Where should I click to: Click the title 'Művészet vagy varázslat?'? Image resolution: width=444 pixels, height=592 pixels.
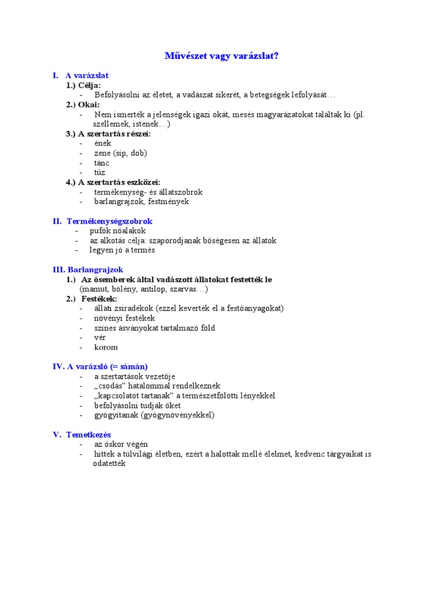click(221, 56)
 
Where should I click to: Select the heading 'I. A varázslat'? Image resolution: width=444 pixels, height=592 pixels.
click(80, 75)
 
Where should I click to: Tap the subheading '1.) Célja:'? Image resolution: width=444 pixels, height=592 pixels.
click(83, 85)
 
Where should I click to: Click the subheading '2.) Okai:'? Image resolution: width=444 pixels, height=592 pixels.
click(83, 105)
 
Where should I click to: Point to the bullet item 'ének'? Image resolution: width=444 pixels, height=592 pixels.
click(102, 143)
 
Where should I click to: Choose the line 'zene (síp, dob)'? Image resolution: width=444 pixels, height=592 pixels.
click(120, 153)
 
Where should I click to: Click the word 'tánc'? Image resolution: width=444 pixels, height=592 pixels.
click(102, 163)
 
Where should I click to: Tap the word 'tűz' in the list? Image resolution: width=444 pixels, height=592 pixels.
click(101, 172)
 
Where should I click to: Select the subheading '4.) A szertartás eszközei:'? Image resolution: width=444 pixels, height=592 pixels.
click(113, 182)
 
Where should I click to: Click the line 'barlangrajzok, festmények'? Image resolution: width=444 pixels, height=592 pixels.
click(142, 202)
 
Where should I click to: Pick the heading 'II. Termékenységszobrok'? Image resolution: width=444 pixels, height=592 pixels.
click(102, 221)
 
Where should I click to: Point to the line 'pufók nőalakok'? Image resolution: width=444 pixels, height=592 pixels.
click(117, 231)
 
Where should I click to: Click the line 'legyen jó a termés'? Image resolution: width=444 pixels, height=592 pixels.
click(122, 250)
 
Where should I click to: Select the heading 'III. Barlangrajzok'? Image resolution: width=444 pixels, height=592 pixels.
click(88, 269)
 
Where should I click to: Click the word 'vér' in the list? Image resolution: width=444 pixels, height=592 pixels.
click(100, 338)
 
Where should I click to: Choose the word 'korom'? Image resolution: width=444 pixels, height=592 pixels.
click(106, 347)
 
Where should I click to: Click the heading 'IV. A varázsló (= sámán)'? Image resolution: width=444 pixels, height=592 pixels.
click(100, 367)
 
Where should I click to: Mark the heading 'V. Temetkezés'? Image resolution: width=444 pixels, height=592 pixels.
click(82, 435)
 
